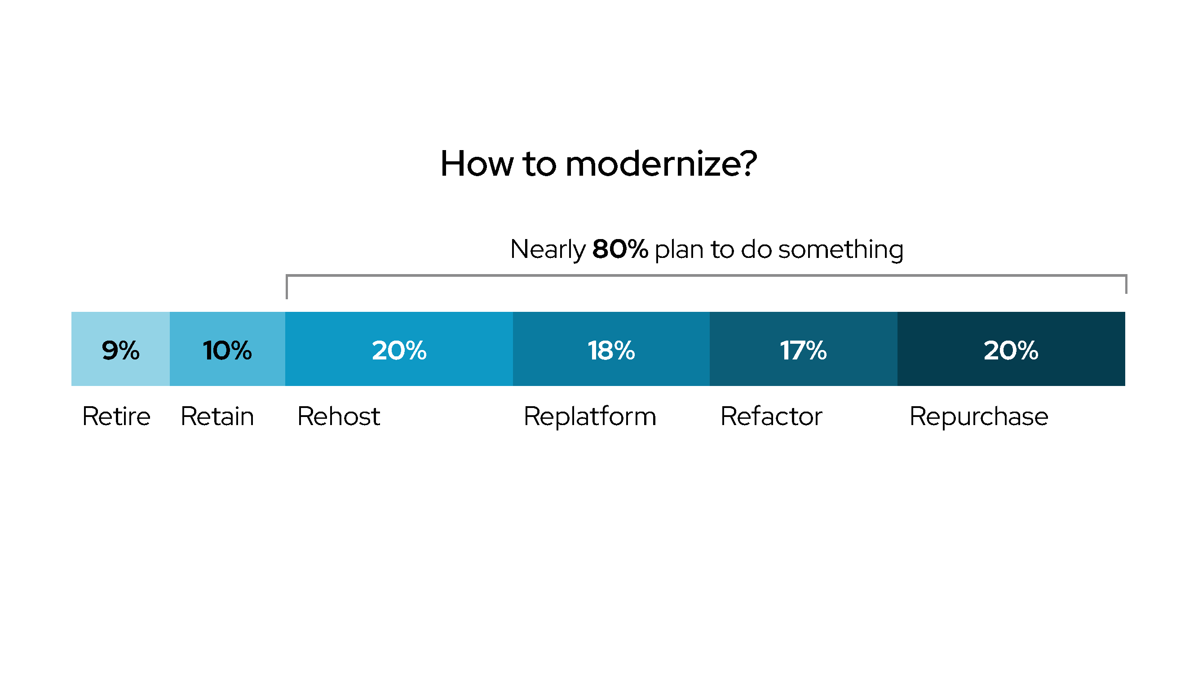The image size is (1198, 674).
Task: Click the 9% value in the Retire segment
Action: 120,350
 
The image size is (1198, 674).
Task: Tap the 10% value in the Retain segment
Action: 227,350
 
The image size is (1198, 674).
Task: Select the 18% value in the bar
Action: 611,350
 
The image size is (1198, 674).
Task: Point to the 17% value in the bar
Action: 803,350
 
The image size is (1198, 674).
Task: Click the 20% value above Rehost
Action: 399,350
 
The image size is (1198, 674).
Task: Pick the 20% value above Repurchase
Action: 1011,350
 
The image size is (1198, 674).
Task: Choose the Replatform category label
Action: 590,417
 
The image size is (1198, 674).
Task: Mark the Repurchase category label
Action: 979,417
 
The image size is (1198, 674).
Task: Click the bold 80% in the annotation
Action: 620,249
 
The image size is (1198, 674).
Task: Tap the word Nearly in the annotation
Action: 548,250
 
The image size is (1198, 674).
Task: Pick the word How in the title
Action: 477,164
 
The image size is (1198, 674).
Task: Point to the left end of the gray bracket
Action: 287,299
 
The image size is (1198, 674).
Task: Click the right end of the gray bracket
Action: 1126,293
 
